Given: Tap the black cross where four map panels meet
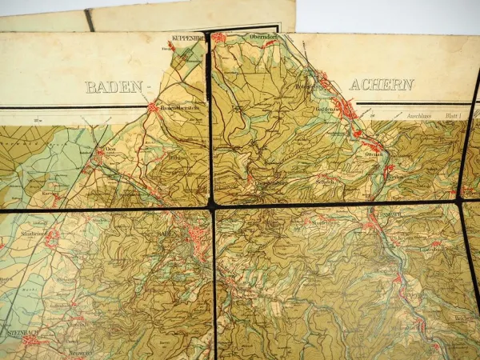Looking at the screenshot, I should [214, 206].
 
